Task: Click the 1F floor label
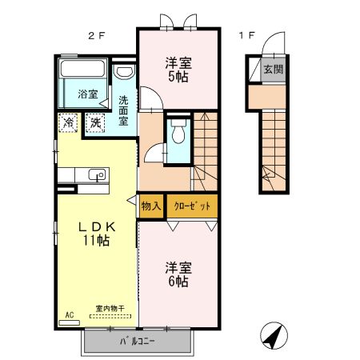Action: tap(246, 36)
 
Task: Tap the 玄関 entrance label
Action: tap(272, 69)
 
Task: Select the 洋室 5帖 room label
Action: tap(178, 70)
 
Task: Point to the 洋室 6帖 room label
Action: tap(177, 274)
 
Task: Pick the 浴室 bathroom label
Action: tap(87, 94)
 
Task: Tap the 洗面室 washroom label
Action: tap(124, 111)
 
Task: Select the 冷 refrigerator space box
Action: tap(69, 123)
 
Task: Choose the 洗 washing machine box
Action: tap(95, 123)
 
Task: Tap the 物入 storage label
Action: tap(150, 206)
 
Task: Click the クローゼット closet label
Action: tap(192, 206)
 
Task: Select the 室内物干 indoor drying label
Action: tap(110, 308)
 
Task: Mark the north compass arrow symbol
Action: tap(274, 336)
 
